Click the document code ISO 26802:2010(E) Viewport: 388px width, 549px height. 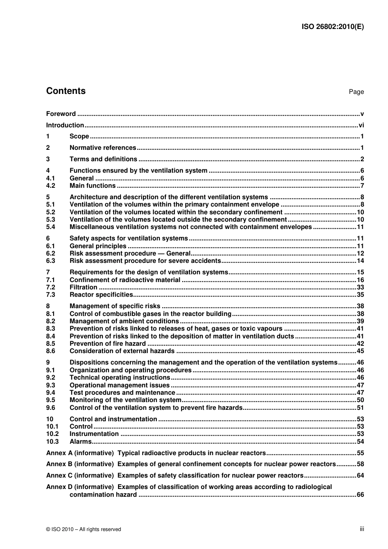tap(332, 27)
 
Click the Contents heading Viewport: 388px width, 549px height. tap(66, 91)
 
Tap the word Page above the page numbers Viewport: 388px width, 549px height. tap(356, 92)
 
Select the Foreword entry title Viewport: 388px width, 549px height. tap(61, 114)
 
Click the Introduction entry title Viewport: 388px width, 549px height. tap(65, 125)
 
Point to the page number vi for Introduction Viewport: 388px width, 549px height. tap(361, 125)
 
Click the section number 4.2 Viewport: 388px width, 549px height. tap(51, 186)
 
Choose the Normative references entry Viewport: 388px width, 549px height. tap(103, 148)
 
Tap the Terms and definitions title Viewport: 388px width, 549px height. tap(103, 159)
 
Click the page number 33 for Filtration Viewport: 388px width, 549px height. tap(360, 287)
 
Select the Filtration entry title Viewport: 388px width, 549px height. tap(83, 287)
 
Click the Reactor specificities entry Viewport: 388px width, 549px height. tap(101, 295)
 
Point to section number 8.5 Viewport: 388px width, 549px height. tap(51, 344)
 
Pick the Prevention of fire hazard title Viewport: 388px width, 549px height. tap(108, 344)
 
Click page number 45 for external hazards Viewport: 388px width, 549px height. tap(360, 351)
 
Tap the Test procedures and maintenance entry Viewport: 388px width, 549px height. tap(123, 393)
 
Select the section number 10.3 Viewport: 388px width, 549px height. tap(52, 442)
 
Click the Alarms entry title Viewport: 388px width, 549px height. tap(80, 442)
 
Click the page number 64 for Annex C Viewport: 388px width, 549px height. tap(360, 476)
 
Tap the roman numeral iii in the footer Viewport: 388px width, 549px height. tap(362, 529)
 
